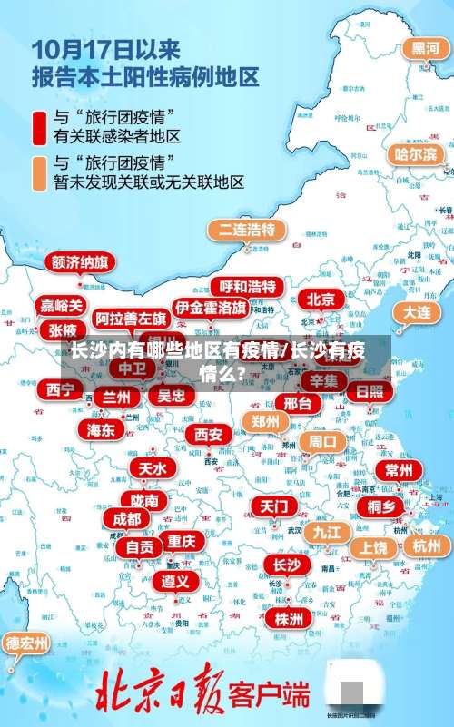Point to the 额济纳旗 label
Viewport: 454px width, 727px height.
[80, 262]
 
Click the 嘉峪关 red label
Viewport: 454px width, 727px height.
[62, 305]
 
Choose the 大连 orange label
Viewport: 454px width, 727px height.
[417, 311]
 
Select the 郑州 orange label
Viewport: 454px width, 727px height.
[266, 421]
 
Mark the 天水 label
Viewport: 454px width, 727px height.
[153, 467]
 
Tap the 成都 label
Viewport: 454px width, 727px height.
[127, 518]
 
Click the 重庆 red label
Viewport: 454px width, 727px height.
[181, 540]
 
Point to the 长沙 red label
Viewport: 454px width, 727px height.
[286, 565]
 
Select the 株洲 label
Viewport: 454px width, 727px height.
[289, 618]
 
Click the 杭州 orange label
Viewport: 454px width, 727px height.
[425, 545]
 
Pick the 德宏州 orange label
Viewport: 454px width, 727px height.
[27, 643]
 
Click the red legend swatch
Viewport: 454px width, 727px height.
[40, 127]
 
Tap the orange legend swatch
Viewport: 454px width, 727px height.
[40, 172]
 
